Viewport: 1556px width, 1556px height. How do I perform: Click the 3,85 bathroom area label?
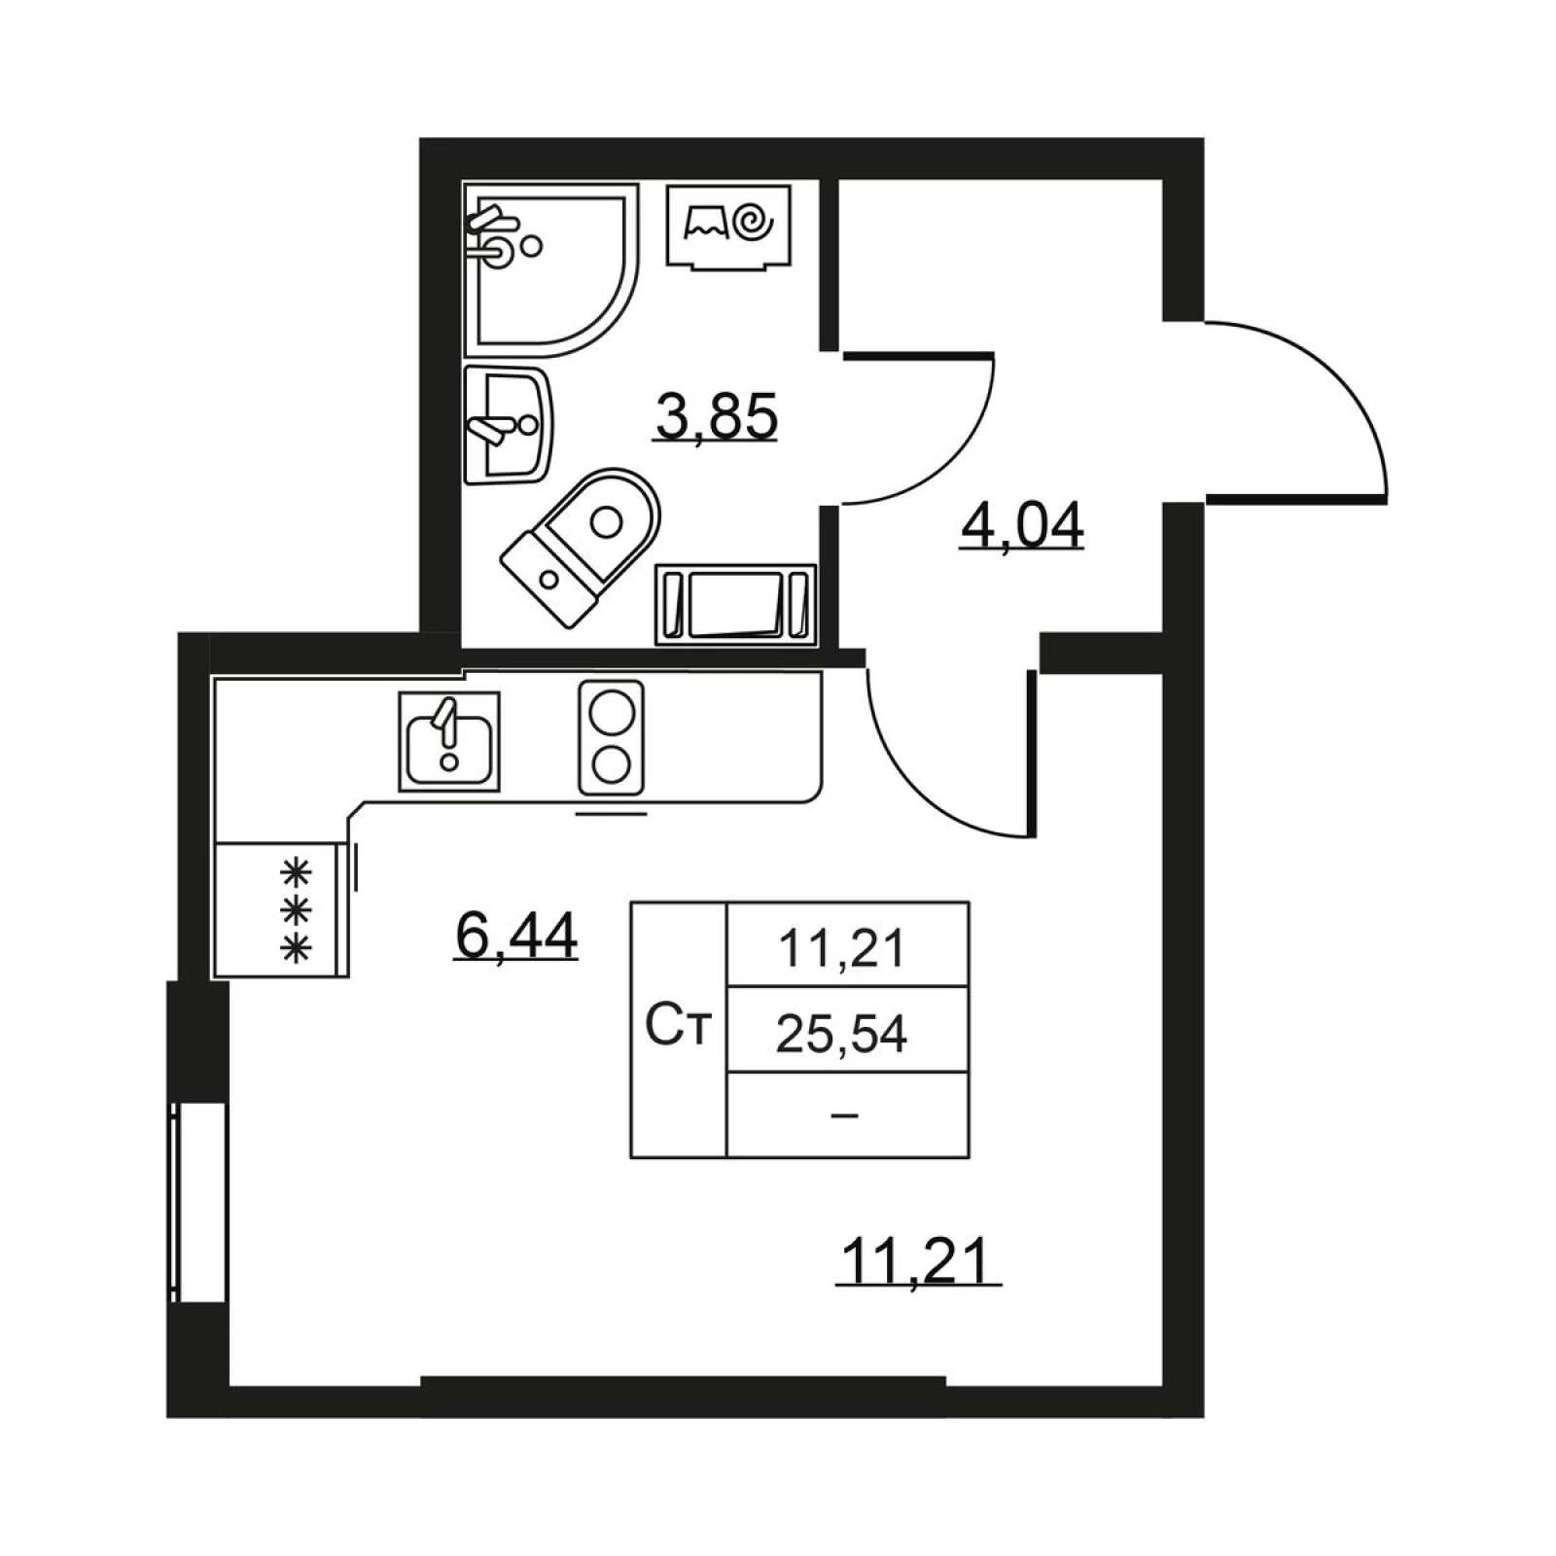(x=716, y=417)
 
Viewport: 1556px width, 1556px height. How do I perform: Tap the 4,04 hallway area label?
(x=1021, y=527)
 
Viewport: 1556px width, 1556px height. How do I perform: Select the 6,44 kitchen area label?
(x=516, y=936)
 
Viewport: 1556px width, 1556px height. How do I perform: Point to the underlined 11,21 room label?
(x=918, y=1261)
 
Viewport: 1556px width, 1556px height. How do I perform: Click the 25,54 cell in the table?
(x=842, y=1033)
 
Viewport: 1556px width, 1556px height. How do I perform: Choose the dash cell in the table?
(x=846, y=1115)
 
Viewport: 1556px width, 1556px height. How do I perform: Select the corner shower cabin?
(x=550, y=268)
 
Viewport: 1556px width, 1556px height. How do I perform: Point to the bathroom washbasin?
(x=508, y=425)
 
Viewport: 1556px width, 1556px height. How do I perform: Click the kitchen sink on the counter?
(x=449, y=742)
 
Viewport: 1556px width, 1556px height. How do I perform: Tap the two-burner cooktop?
(x=612, y=737)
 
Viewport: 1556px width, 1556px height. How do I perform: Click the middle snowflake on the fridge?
(x=296, y=910)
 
